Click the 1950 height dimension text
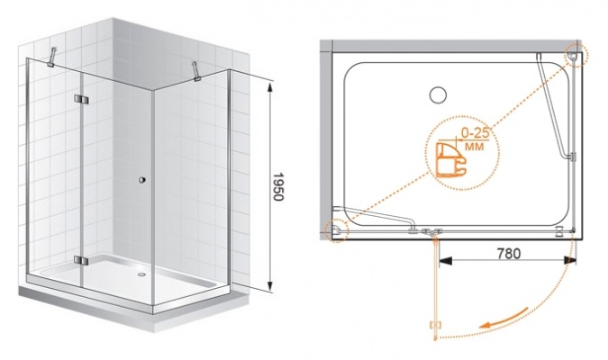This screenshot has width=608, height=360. point(278,187)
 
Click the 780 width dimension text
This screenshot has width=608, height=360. point(509,254)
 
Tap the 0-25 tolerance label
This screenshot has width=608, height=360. point(476,133)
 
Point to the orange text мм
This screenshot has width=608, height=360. point(474,147)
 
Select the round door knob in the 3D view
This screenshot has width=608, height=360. point(142,180)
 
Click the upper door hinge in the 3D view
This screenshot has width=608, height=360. point(81,100)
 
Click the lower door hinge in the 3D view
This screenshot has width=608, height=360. point(81,261)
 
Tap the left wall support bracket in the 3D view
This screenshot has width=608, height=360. point(51,57)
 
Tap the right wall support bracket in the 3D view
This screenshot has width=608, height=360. point(196,71)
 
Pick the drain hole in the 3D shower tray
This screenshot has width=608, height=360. point(141,274)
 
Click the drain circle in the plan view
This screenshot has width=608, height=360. point(438,94)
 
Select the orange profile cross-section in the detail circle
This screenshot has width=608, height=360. point(451,159)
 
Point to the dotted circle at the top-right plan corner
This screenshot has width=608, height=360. point(576,55)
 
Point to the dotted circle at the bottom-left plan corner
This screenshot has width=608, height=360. point(336,230)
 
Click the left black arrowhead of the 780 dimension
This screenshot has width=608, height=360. point(446,261)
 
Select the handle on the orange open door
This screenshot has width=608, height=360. point(436,326)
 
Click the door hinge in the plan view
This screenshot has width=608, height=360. point(431,232)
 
